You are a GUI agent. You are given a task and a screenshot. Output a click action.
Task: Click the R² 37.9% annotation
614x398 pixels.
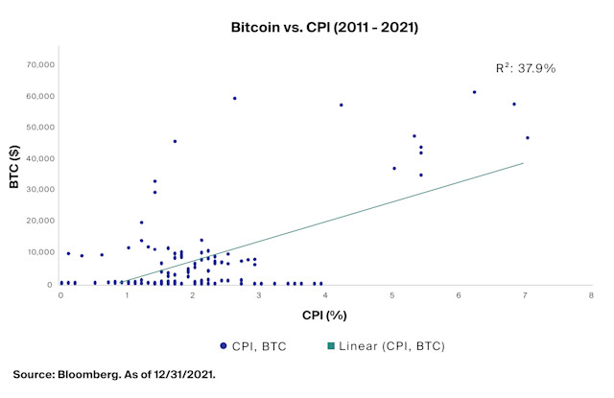click(525, 68)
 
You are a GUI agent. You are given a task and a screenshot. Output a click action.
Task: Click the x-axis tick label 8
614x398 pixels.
click(591, 295)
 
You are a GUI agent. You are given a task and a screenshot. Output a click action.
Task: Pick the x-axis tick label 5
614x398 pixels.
click(392, 295)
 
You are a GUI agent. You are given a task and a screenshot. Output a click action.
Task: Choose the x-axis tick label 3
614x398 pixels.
click(260, 295)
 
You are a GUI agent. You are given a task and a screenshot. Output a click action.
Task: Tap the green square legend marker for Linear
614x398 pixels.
click(329, 345)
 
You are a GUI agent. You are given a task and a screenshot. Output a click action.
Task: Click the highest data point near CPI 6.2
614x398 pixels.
click(474, 92)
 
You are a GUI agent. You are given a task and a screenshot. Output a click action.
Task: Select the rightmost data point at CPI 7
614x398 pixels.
click(527, 138)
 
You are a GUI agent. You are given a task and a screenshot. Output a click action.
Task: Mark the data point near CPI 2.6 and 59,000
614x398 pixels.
click(234, 98)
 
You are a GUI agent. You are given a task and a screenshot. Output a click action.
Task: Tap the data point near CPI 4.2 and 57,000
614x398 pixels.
click(341, 105)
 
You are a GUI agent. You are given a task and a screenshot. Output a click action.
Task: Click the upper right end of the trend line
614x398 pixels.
click(523, 163)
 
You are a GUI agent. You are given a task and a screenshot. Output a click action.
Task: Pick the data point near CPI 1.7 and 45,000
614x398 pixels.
click(175, 141)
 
